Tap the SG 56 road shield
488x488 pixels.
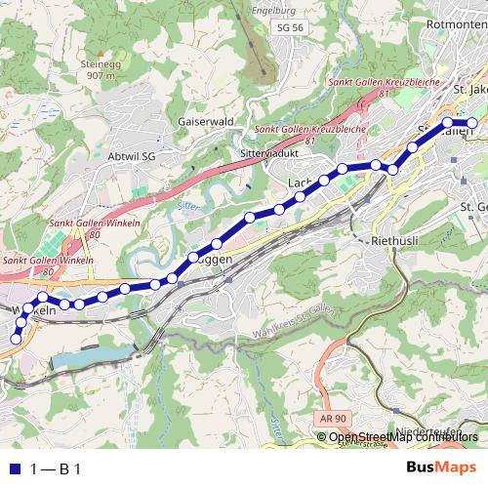tap(290, 28)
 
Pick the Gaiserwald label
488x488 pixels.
tap(206, 122)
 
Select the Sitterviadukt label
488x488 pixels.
tap(266, 154)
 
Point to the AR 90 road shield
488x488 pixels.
tap(333, 418)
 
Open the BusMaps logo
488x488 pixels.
tap(441, 468)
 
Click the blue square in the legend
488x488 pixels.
tap(14, 469)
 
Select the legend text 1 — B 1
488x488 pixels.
tap(55, 469)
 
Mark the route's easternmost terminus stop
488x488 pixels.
tap(472, 123)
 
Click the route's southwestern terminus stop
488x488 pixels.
tap(16, 339)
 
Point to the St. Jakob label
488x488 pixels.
tap(470, 90)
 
